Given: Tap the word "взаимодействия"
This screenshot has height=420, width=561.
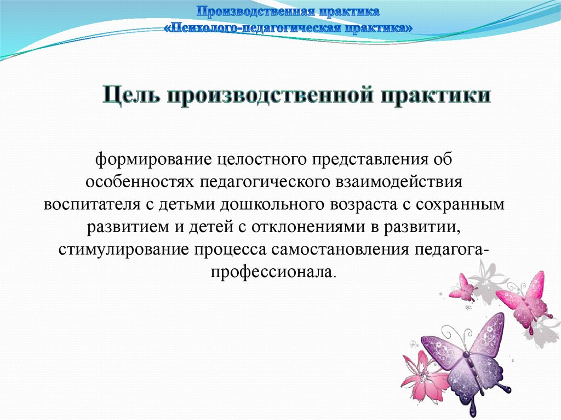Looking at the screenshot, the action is [399, 182].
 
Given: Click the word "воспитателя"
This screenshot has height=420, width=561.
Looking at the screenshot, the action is [92, 205].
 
